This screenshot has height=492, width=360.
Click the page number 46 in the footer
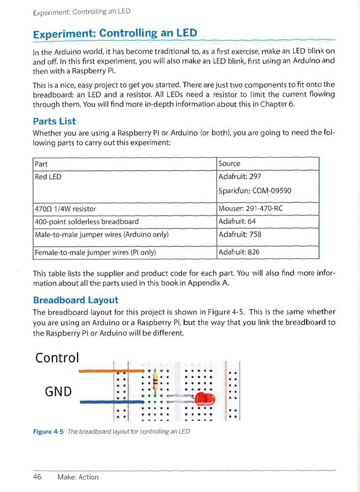pyautogui.click(x=37, y=477)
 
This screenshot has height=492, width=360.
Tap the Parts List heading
pyautogui.click(x=54, y=121)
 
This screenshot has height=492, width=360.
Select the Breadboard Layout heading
pyautogui.click(x=75, y=300)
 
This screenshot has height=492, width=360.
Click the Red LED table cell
pyautogui.click(x=48, y=177)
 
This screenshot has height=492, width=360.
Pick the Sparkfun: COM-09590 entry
pyautogui.click(x=255, y=191)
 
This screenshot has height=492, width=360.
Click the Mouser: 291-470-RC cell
pyautogui.click(x=251, y=209)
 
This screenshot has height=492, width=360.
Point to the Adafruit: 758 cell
pyautogui.click(x=240, y=235)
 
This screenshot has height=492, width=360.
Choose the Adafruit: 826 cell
pyautogui.click(x=239, y=252)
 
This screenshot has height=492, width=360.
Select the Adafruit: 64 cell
pyautogui.click(x=238, y=221)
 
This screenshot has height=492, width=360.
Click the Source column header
pyautogui.click(x=230, y=164)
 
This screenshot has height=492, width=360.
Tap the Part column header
pyautogui.click(x=41, y=164)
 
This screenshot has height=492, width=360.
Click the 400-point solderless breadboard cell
pyautogui.click(x=87, y=221)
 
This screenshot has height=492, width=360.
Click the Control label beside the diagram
pyautogui.click(x=57, y=358)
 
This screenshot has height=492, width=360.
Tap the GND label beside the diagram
pyautogui.click(x=58, y=392)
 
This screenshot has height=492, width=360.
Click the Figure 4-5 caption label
pyautogui.click(x=48, y=431)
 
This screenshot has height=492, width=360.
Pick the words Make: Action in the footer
pyautogui.click(x=78, y=477)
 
